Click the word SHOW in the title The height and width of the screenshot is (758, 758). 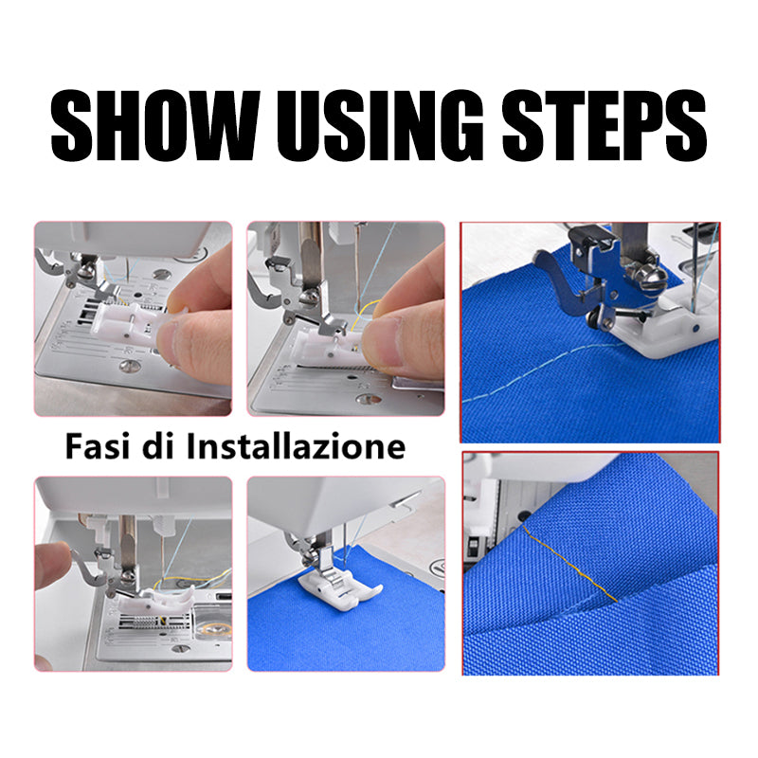(155, 125)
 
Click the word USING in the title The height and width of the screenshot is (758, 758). (380, 125)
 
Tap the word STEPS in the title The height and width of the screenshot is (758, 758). (605, 125)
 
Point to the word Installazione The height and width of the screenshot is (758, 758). (297, 446)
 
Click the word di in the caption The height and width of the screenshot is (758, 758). (158, 446)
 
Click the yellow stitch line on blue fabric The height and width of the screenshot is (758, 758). (569, 562)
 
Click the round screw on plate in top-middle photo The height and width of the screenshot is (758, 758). (369, 399)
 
